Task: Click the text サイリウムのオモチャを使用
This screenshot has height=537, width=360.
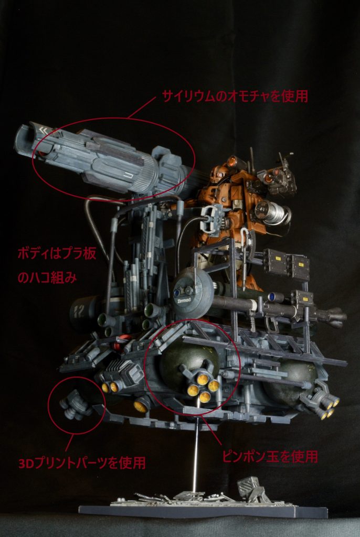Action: tap(235, 96)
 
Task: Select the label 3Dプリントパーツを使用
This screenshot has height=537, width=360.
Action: tap(81, 463)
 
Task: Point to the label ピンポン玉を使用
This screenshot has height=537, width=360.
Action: tap(269, 456)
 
